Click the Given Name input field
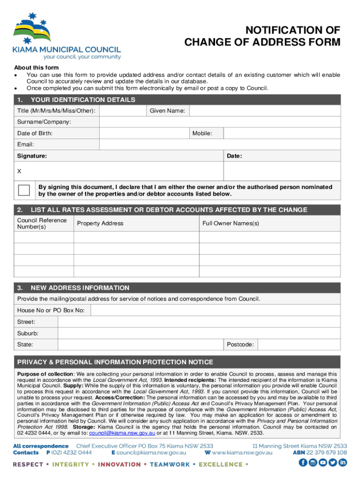[265, 111]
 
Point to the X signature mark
[19, 171]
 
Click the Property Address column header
[100, 224]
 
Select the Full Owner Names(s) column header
[230, 224]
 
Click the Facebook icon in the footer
[302, 463]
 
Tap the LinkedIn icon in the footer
[343, 463]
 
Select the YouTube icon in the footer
[323, 463]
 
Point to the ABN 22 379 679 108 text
[319, 452]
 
